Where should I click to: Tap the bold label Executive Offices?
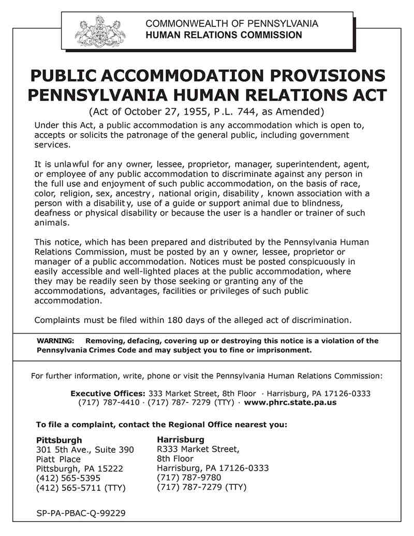pos(108,393)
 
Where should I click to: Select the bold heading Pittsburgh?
pos(59,440)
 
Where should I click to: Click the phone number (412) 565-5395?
pos(68,478)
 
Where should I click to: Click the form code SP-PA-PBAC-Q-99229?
pos(81,513)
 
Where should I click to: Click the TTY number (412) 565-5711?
pos(68,488)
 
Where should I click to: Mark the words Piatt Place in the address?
pos(58,459)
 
